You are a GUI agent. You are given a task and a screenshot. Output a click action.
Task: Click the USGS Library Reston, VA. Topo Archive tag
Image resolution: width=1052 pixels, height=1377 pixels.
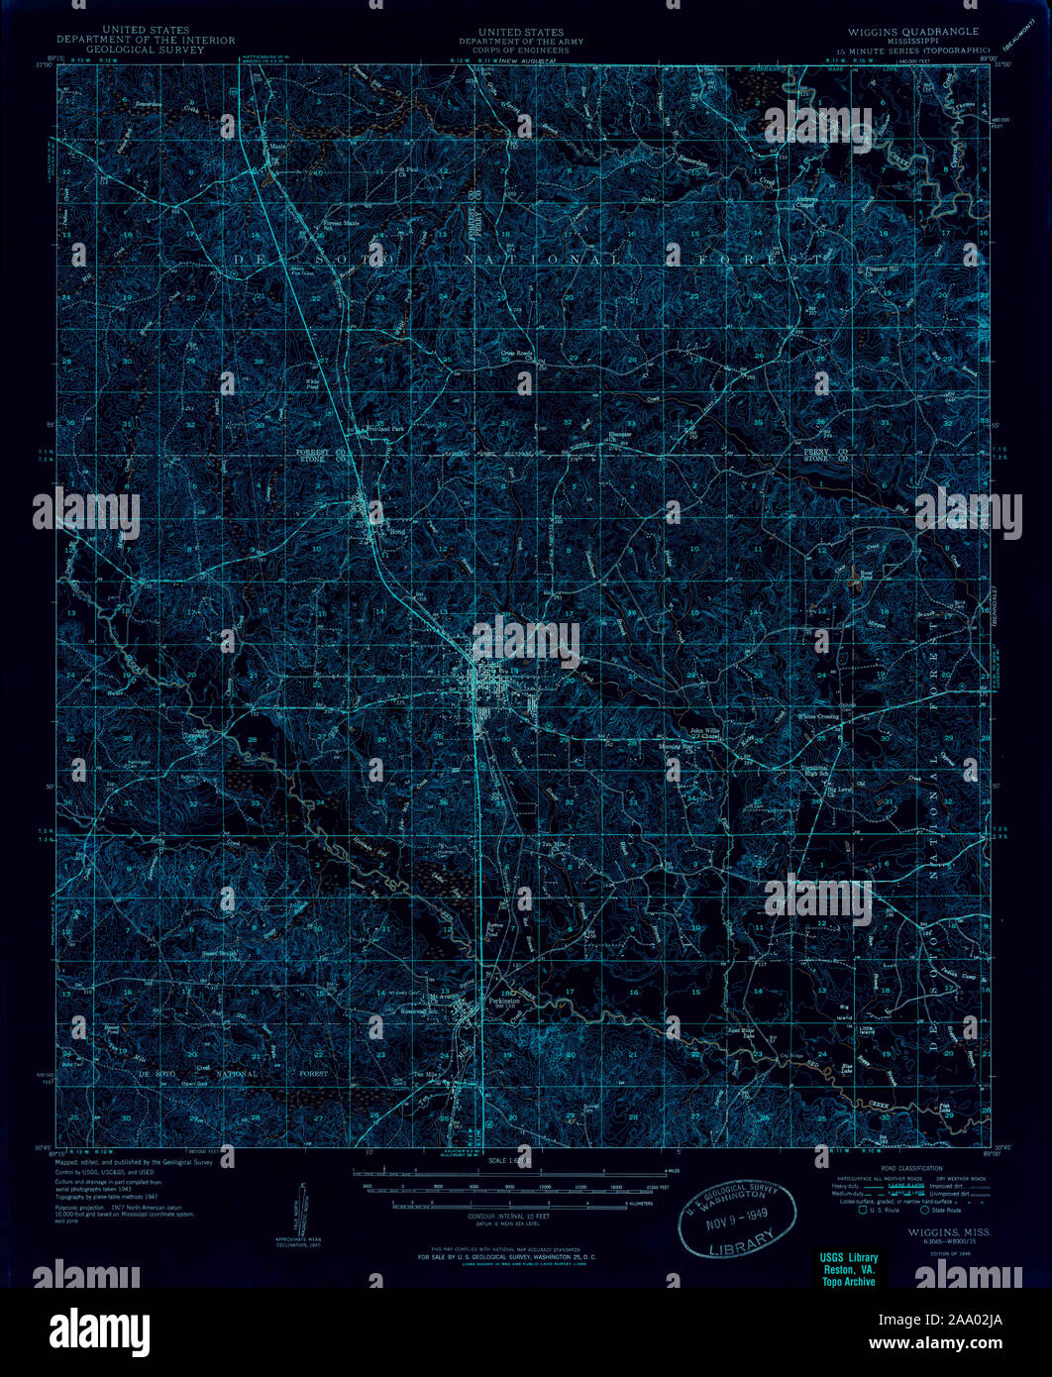[x=849, y=1269]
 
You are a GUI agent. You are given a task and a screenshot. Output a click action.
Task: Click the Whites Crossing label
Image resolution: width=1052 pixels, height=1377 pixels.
[x=818, y=716]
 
